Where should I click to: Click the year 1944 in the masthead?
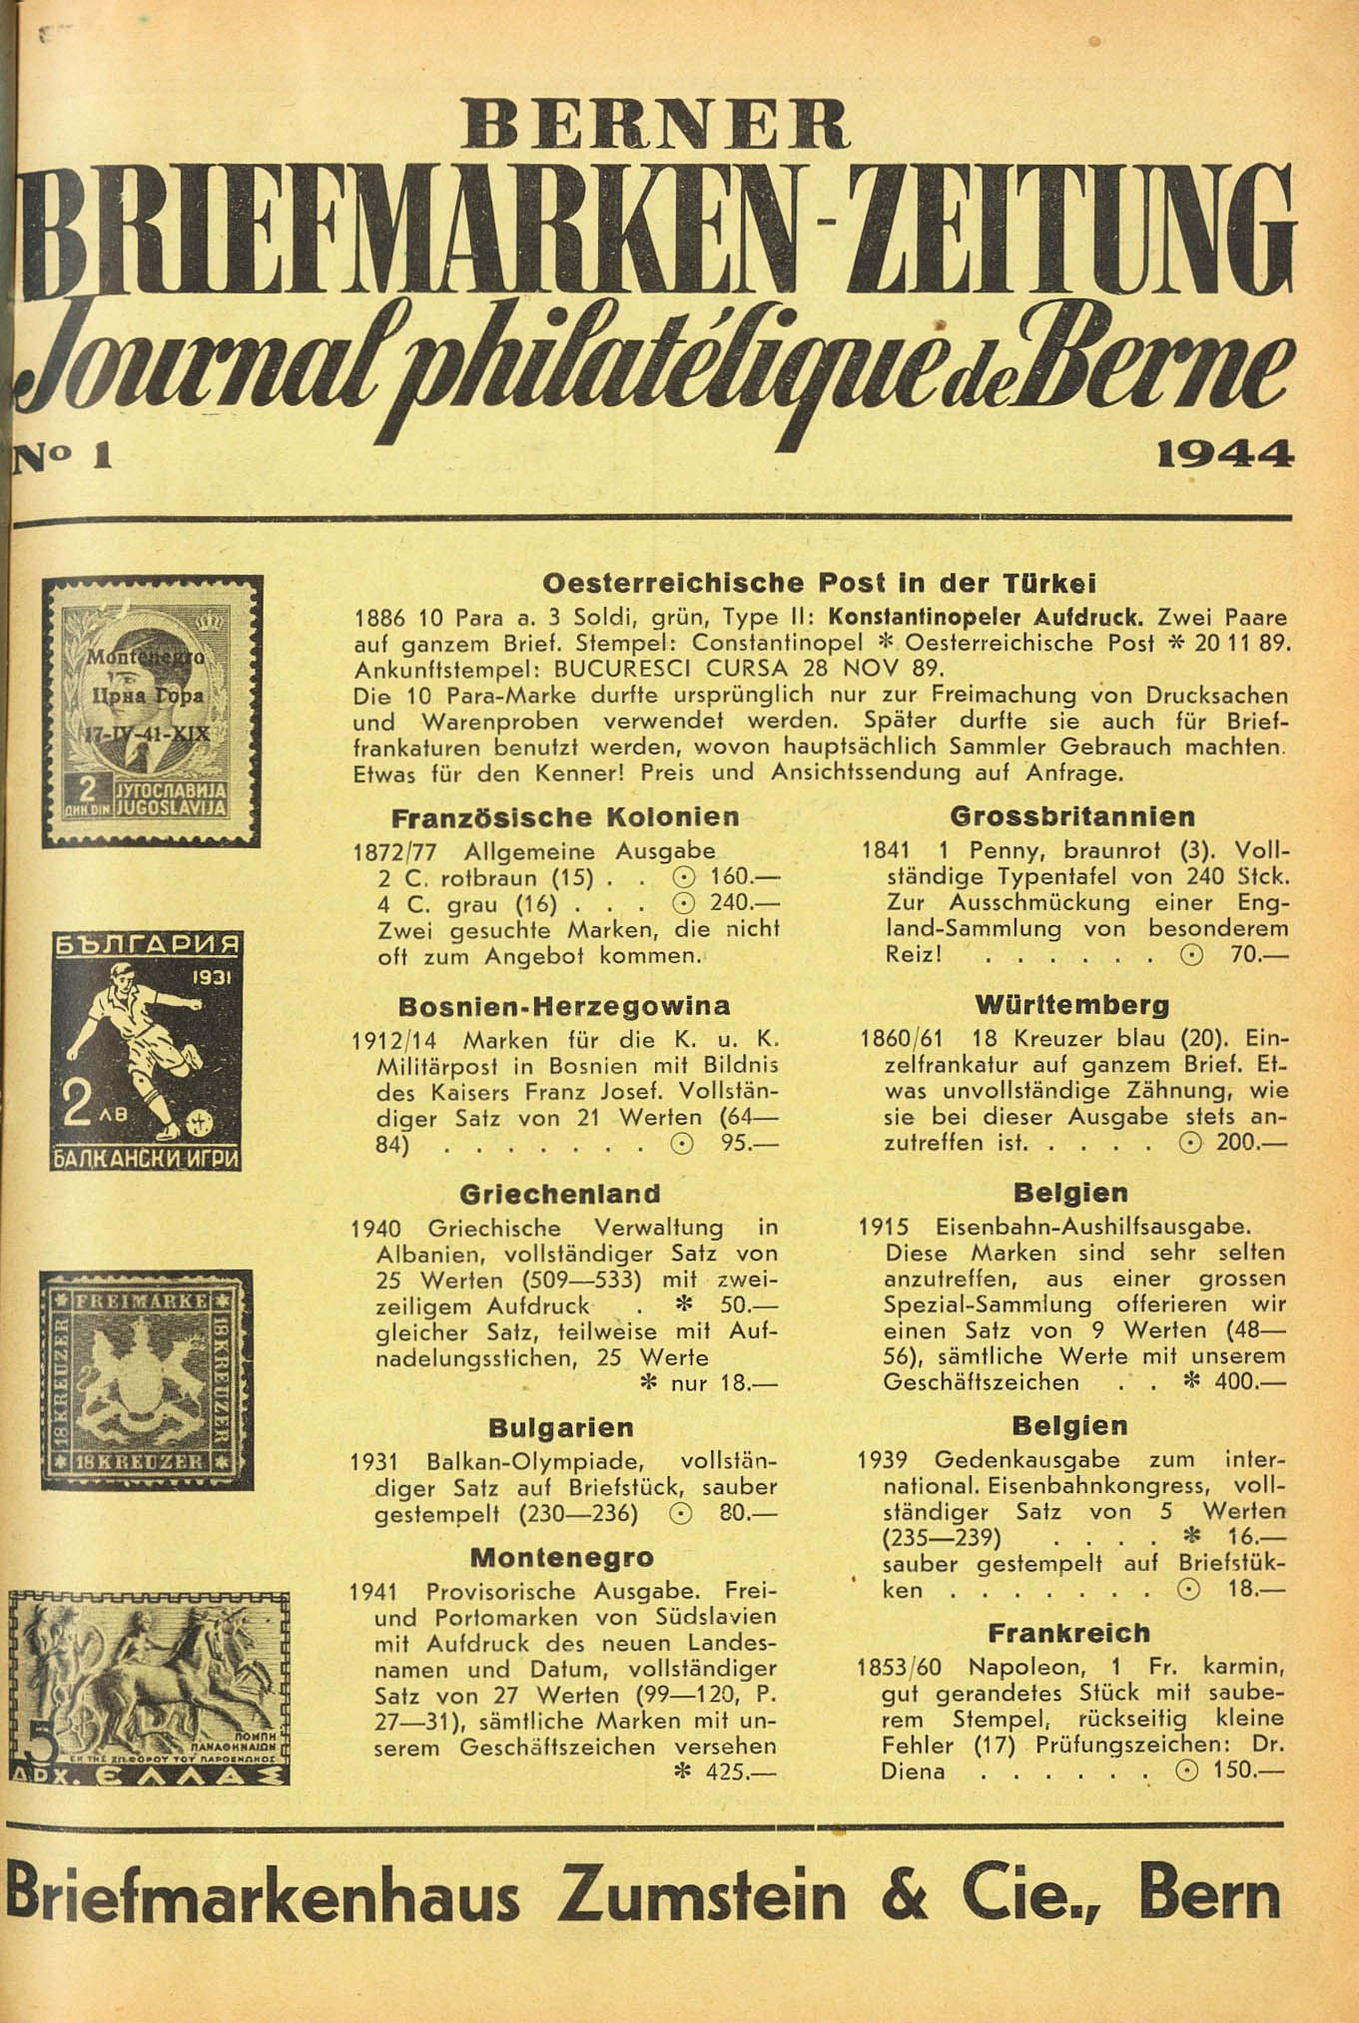point(1224,455)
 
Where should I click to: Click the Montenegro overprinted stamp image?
point(151,711)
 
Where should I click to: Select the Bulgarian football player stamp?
point(147,1051)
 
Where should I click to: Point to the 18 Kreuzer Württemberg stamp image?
point(146,1379)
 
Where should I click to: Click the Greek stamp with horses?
point(149,1687)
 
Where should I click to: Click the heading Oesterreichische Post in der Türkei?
point(819,582)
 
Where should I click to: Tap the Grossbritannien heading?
point(1072,816)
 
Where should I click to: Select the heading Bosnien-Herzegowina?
point(564,1005)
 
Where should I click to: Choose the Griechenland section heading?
point(560,1194)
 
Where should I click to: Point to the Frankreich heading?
point(1068,1633)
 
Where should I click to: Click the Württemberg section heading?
point(1071,1004)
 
